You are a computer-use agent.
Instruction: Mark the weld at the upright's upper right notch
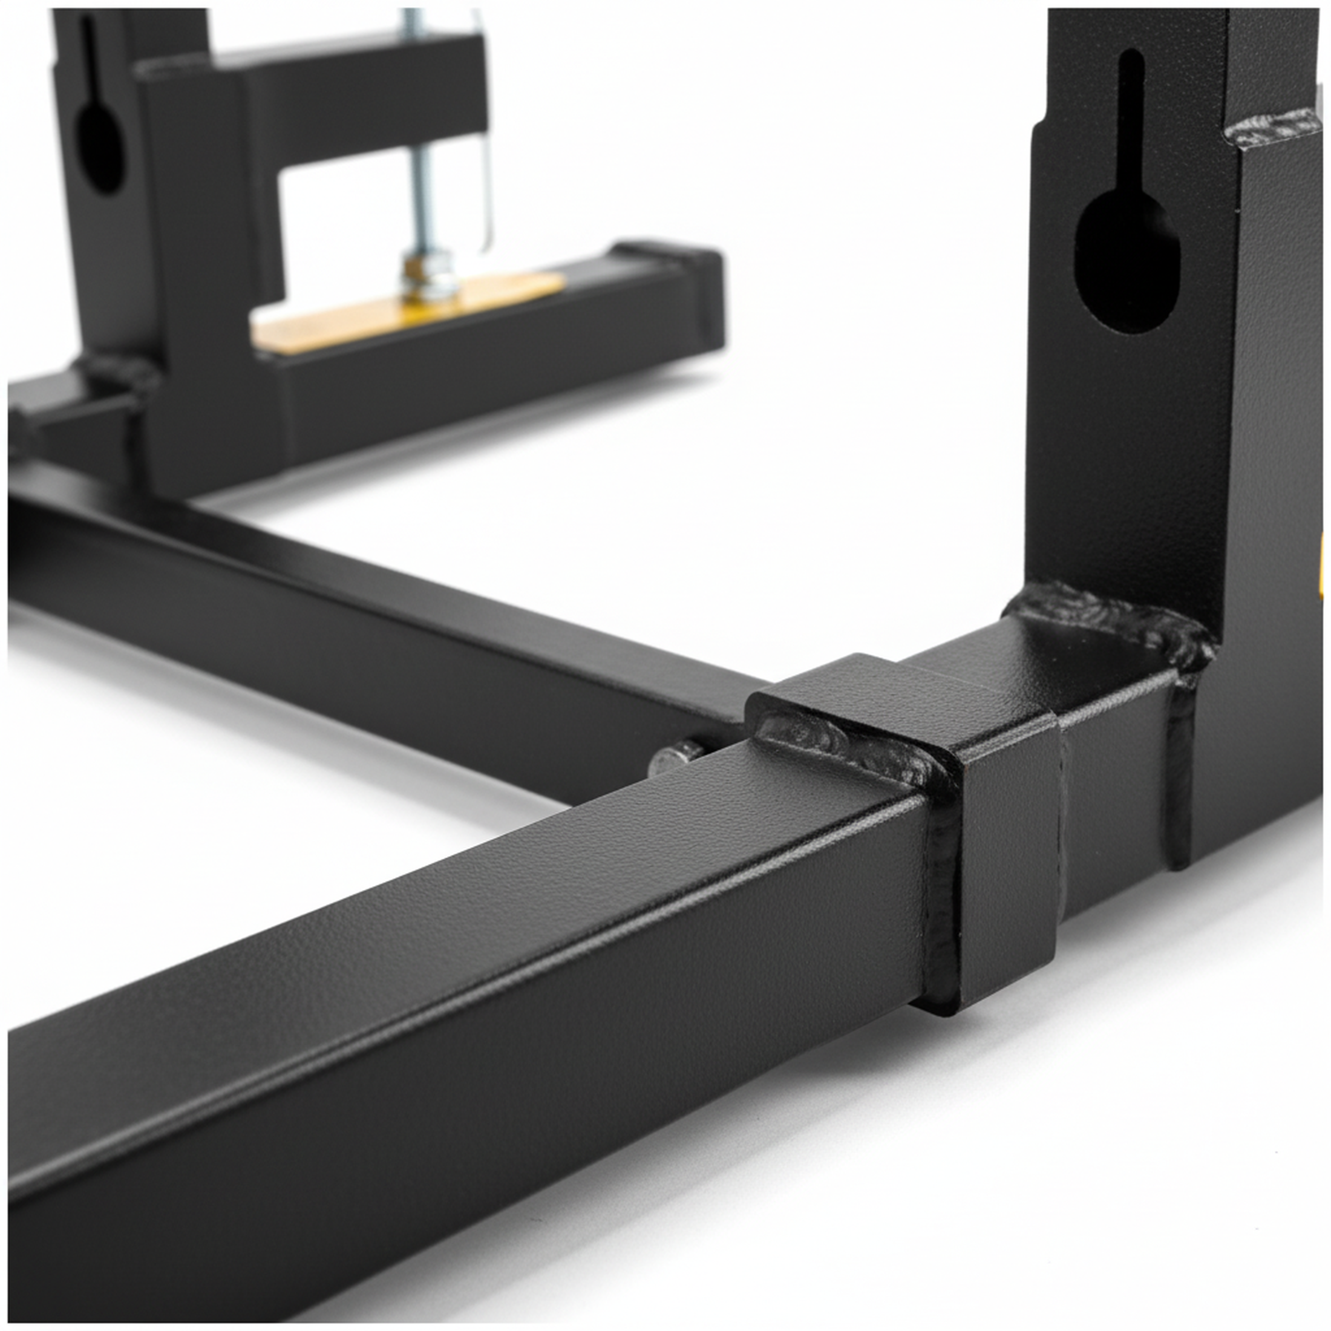point(1271,131)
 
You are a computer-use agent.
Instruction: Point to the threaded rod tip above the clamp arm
point(411,21)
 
